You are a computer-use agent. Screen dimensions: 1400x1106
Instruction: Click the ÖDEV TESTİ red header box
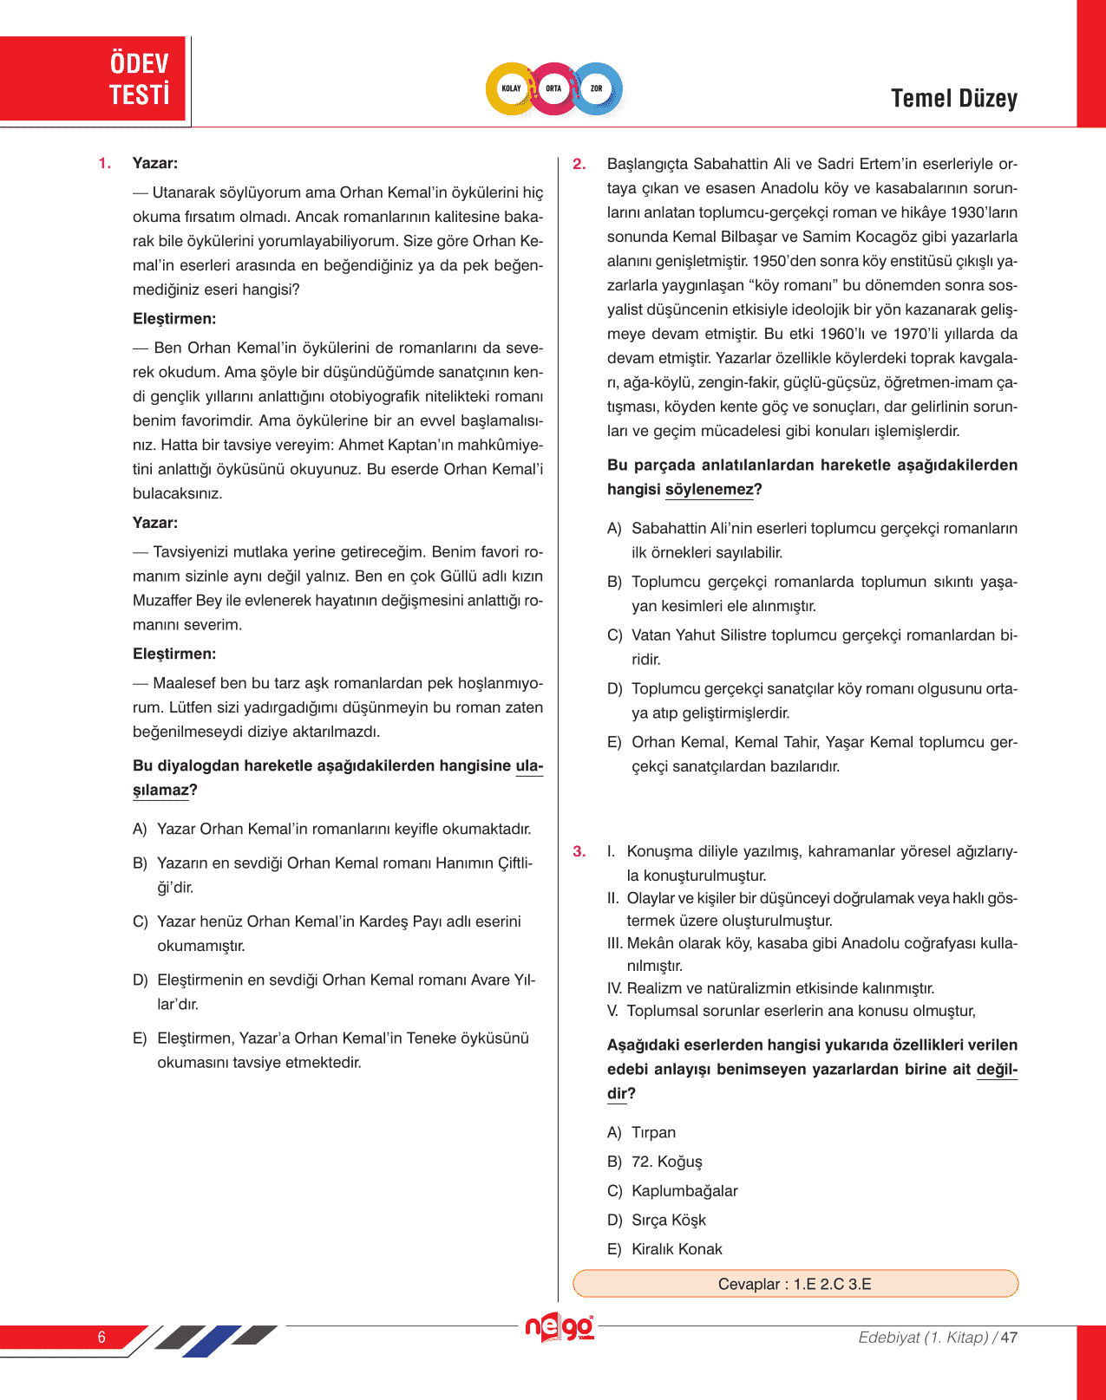pos(93,78)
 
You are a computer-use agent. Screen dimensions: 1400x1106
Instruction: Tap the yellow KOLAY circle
pos(511,88)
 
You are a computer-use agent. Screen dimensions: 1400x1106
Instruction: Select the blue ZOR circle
pos(597,88)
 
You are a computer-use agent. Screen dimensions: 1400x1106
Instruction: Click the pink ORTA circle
pos(553,88)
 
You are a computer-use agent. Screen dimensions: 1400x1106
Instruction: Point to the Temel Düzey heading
pos(953,99)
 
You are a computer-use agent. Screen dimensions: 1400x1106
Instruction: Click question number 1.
pos(105,163)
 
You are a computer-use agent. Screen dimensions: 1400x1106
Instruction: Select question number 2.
pos(579,164)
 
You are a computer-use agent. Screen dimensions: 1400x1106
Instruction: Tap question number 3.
pos(579,851)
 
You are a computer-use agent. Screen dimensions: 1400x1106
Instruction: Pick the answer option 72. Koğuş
pos(666,1162)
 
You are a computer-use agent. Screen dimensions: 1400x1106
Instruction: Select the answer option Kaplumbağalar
pos(684,1190)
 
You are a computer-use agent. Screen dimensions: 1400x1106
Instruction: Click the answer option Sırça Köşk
pos(668,1220)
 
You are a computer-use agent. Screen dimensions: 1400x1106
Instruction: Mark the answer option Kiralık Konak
pos(676,1249)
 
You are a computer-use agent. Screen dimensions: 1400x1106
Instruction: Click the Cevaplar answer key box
pos(795,1284)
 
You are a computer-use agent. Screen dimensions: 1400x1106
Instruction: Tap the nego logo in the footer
pos(560,1327)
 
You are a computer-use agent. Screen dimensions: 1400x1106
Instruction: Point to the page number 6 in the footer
pos(101,1337)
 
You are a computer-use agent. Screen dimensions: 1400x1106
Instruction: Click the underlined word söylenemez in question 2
pos(709,490)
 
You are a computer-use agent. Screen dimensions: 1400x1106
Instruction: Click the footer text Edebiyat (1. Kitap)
pos(923,1337)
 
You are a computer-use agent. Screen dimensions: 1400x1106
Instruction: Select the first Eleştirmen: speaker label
pos(174,319)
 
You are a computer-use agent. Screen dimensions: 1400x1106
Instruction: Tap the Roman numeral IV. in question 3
pos(614,988)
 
